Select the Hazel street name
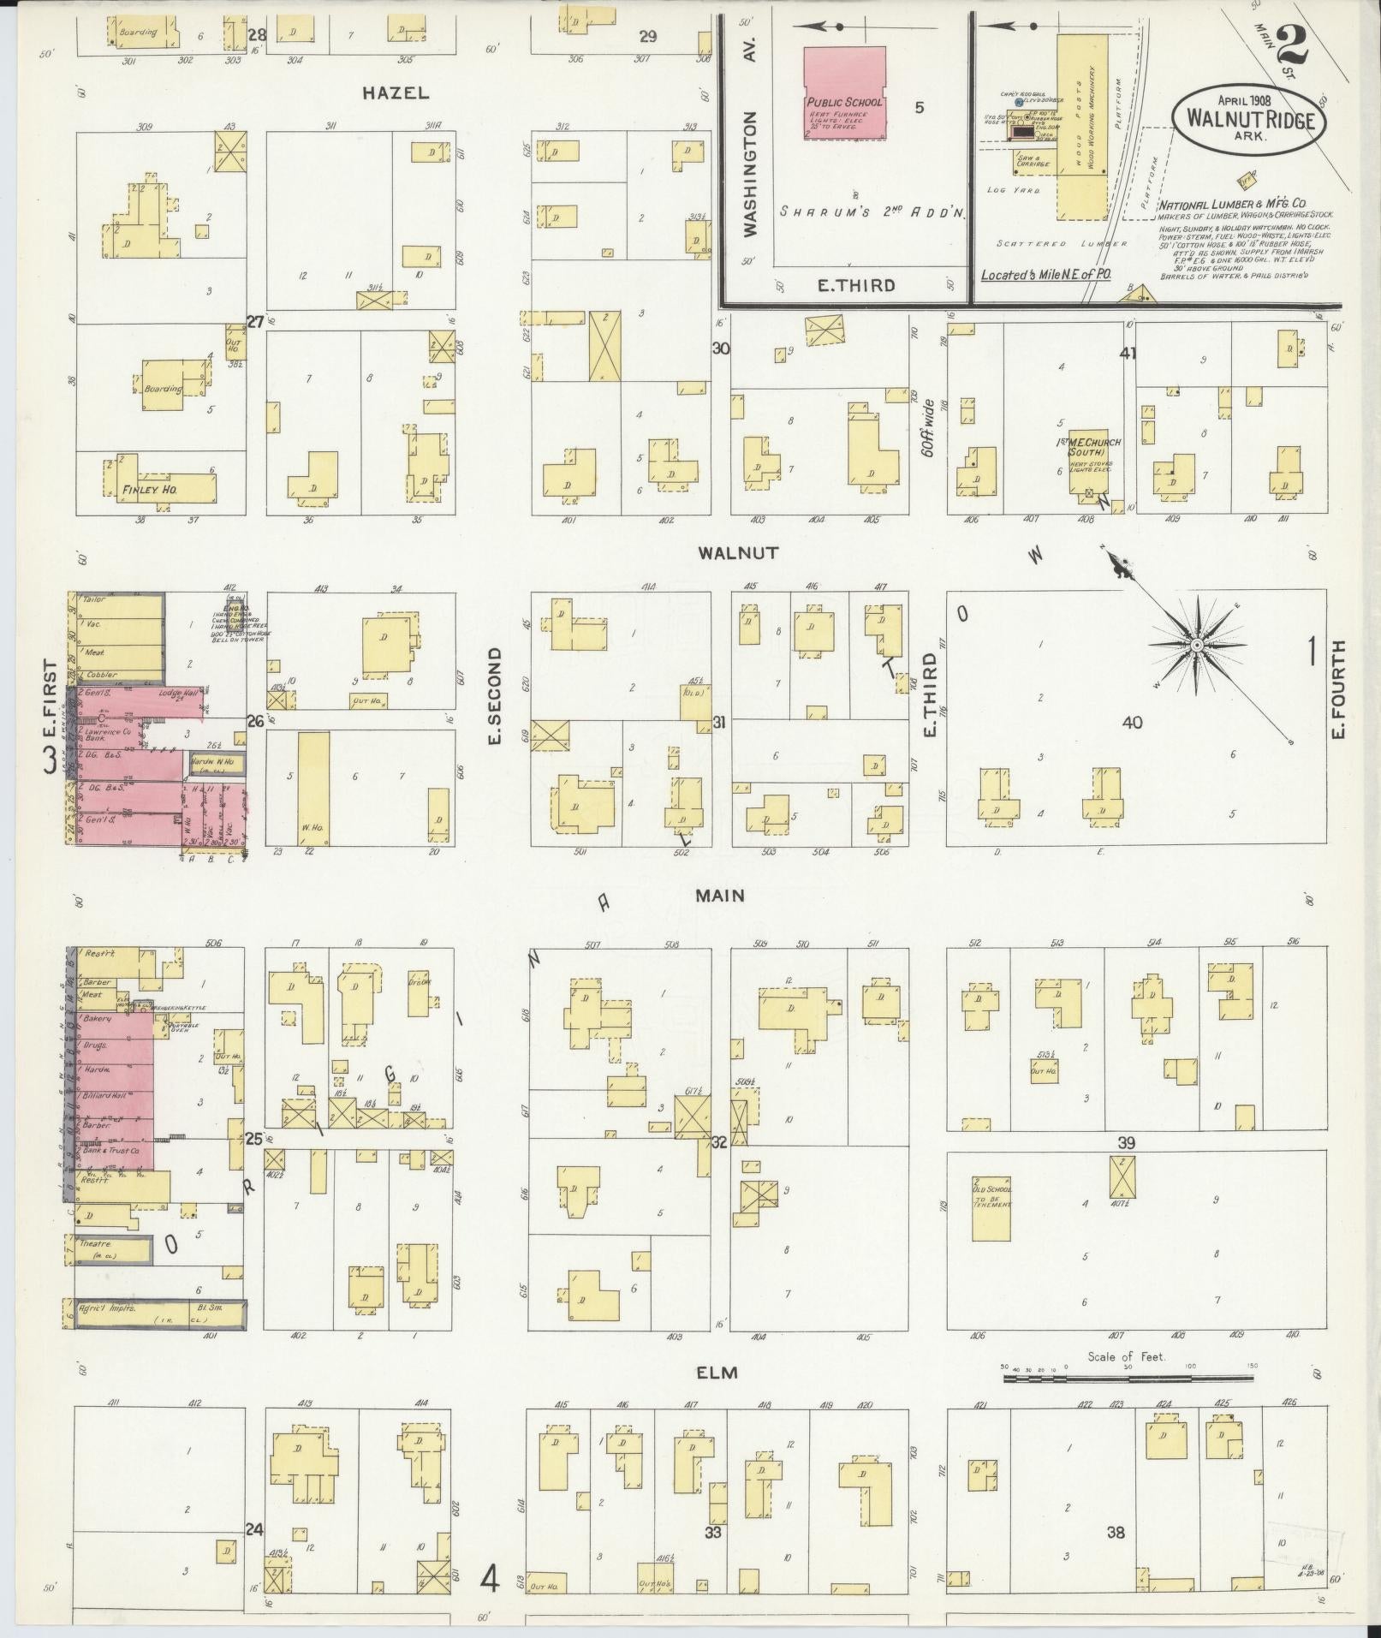[395, 93]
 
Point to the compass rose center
[1197, 644]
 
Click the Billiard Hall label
[106, 1096]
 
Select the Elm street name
[717, 1373]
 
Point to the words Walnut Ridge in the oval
[1250, 120]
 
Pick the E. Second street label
[494, 696]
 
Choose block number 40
[1132, 723]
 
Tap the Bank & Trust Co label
[110, 1152]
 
